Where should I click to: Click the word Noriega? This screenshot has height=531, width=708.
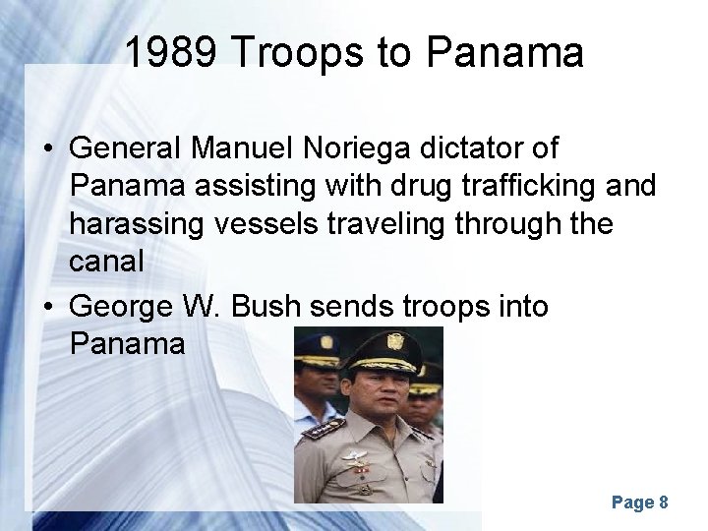point(354,149)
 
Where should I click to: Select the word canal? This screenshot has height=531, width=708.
point(109,263)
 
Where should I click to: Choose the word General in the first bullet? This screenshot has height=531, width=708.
point(129,149)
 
